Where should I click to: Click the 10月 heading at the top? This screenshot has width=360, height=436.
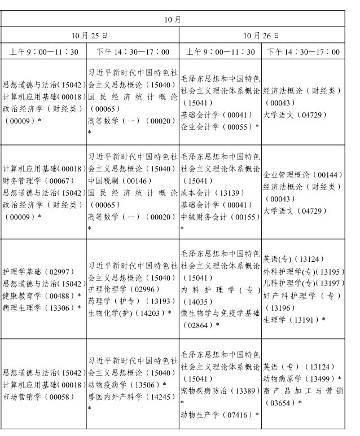(x=172, y=19)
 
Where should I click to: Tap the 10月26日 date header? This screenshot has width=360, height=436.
(x=261, y=35)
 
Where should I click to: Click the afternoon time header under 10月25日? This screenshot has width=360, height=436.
(x=133, y=52)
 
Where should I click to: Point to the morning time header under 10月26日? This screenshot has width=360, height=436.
(x=220, y=52)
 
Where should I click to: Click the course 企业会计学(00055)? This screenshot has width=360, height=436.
(x=218, y=126)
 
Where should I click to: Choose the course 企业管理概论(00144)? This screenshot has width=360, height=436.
(x=302, y=175)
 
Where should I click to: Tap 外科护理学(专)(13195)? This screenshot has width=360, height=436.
(x=302, y=271)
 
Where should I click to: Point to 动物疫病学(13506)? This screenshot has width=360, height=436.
(x=125, y=385)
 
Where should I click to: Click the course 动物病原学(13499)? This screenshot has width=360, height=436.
(x=302, y=378)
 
